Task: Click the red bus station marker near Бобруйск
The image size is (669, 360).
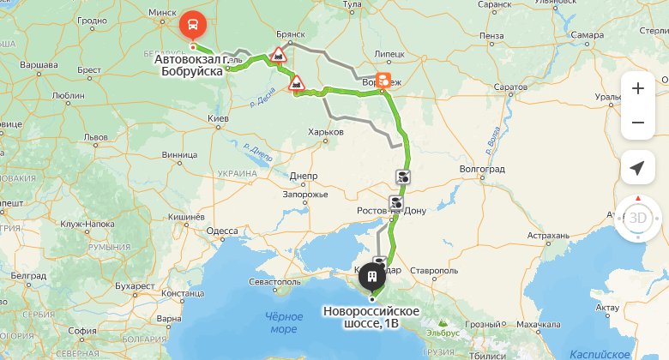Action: click(x=194, y=23)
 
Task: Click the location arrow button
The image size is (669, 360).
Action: click(x=637, y=167)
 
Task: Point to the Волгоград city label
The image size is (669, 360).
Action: click(x=481, y=169)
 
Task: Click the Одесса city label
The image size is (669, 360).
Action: click(x=222, y=231)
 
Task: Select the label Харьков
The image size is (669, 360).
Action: click(x=325, y=132)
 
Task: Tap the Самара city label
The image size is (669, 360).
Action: click(x=587, y=35)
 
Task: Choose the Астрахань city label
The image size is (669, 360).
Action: click(x=549, y=234)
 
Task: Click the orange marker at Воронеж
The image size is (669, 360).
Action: click(x=383, y=79)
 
